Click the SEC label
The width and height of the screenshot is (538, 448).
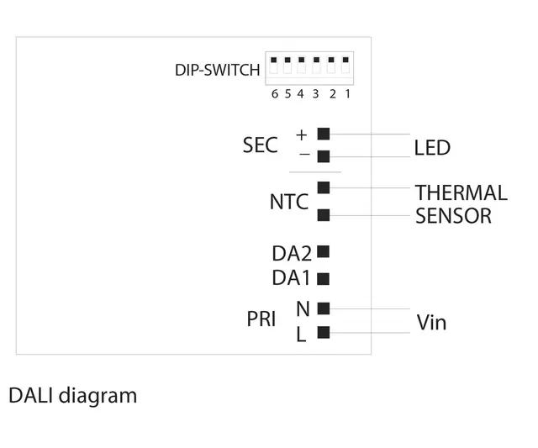point(260,145)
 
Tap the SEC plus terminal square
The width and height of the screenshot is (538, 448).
point(324,134)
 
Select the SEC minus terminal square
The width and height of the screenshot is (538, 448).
point(324,156)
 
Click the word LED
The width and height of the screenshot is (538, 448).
point(432,149)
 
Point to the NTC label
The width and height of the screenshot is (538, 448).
point(288,203)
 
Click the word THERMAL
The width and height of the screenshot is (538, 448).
point(461,193)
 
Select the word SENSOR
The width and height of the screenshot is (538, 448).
point(453,216)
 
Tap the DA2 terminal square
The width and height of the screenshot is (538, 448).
point(324,251)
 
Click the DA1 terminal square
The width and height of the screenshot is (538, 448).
point(324,277)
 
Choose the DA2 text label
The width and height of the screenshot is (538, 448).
point(292,253)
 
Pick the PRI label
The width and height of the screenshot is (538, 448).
point(261,320)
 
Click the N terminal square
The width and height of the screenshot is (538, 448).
point(324,308)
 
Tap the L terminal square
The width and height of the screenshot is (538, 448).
point(324,333)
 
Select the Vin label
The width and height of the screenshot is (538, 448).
point(431,323)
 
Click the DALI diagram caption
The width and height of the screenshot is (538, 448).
point(72,395)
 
